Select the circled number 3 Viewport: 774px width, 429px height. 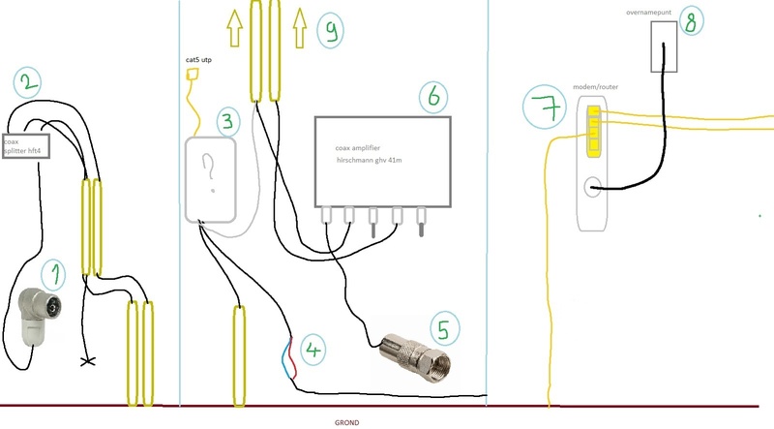point(226,121)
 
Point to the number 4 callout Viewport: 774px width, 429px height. point(313,348)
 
